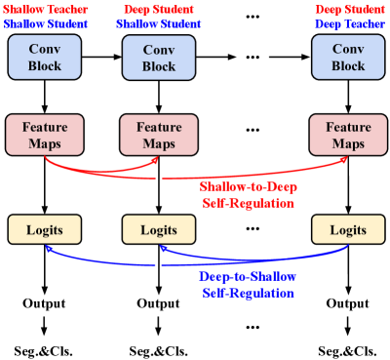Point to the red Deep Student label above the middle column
(x=158, y=9)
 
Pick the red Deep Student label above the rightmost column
(x=347, y=9)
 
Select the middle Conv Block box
(x=158, y=58)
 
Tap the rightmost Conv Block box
(x=347, y=58)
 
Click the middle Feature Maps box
(x=158, y=135)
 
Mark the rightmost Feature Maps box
(x=347, y=135)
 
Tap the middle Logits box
(x=158, y=229)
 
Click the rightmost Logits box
(x=347, y=229)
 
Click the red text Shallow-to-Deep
(x=248, y=185)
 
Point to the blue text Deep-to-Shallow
(x=248, y=276)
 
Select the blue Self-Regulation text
(x=248, y=293)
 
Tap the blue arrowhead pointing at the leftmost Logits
(x=46, y=248)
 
